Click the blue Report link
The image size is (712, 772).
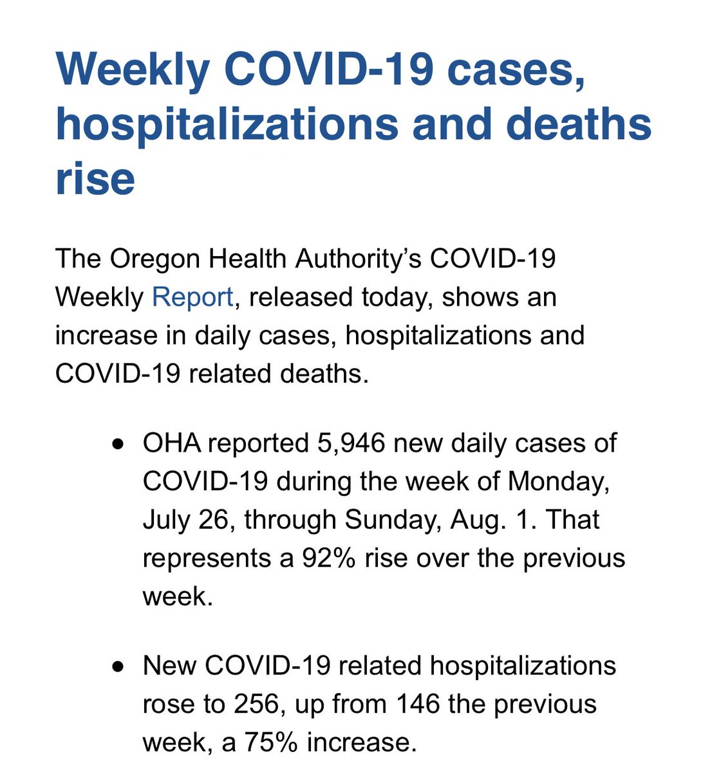point(192,297)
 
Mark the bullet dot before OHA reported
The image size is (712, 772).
point(117,445)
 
